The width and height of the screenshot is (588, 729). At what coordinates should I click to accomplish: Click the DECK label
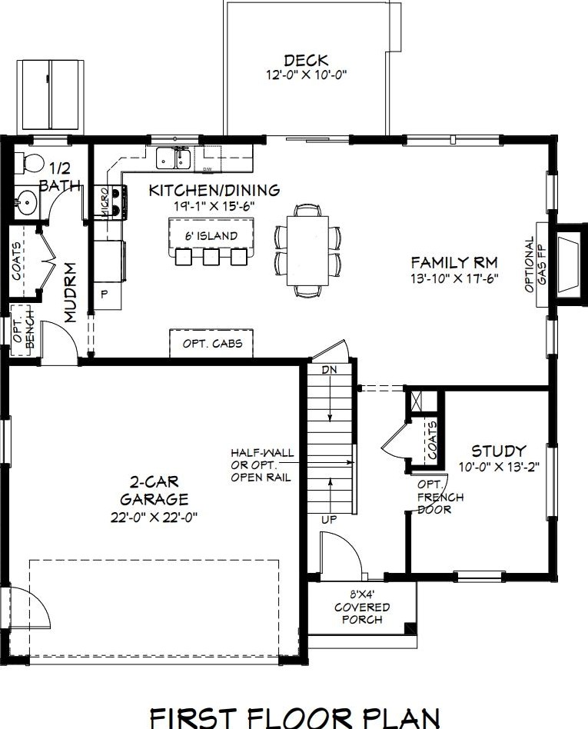[x=306, y=61]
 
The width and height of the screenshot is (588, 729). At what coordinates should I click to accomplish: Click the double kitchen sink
[x=172, y=158]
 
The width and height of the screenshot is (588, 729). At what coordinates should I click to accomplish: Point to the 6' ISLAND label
[x=211, y=236]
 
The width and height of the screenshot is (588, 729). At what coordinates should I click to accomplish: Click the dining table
[x=307, y=251]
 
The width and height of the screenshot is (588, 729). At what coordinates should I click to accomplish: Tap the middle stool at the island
[x=211, y=257]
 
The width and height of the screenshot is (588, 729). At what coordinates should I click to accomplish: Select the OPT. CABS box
[x=211, y=344]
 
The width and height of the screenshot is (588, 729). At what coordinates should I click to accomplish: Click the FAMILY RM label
[x=454, y=263]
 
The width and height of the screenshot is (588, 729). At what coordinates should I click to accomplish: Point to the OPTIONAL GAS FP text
[x=536, y=265]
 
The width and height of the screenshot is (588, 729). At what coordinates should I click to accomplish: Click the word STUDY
[x=499, y=451]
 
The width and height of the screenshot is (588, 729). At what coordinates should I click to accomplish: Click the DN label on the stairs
[x=329, y=370]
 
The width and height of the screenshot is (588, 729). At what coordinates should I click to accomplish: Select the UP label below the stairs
[x=329, y=519]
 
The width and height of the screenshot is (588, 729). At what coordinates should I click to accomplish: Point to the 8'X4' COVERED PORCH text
[x=361, y=607]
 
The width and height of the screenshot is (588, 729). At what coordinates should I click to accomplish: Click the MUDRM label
[x=70, y=292]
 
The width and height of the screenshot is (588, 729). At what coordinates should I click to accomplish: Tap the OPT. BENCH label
[x=24, y=331]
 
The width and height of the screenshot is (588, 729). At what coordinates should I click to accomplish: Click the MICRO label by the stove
[x=104, y=202]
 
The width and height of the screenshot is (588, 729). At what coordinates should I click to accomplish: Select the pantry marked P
[x=104, y=294]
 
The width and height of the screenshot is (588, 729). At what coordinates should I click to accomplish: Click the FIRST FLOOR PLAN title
[x=294, y=718]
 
